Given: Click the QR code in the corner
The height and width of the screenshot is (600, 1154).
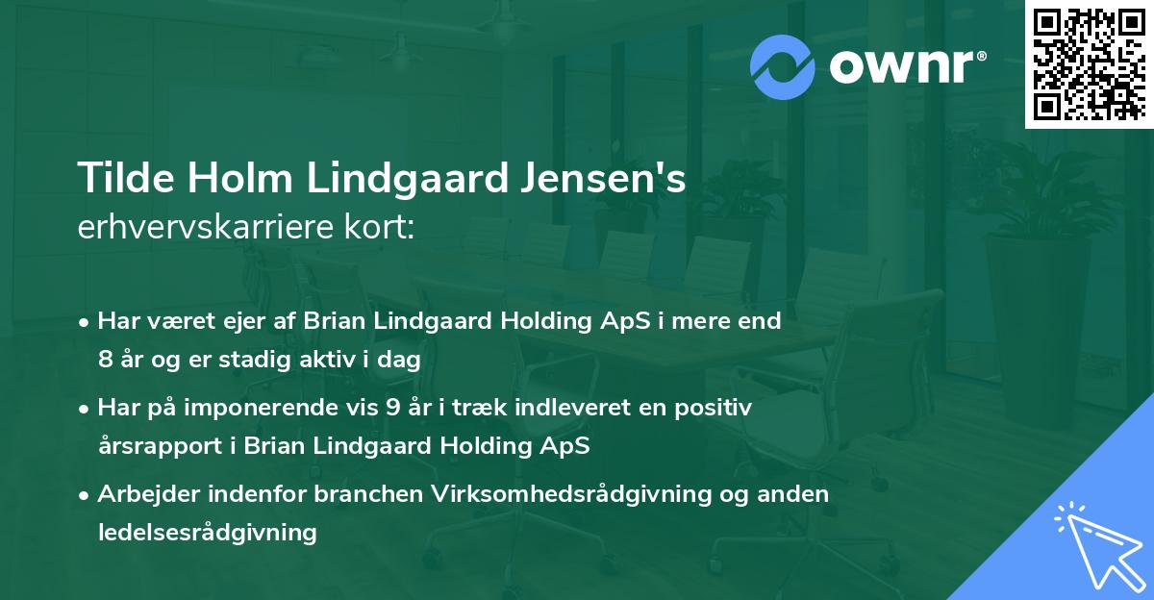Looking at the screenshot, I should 1089,64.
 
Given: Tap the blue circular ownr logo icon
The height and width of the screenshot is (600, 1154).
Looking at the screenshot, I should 783,67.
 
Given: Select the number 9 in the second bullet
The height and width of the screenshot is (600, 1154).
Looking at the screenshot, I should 392,408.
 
